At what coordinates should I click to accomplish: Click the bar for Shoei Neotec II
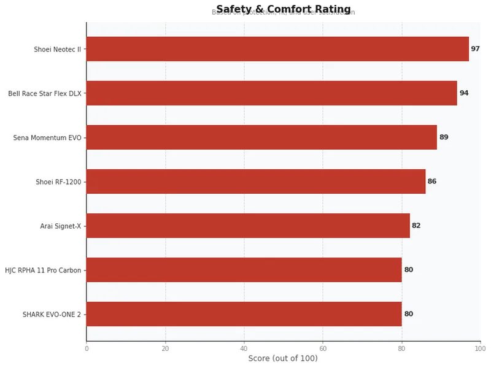pos(277,49)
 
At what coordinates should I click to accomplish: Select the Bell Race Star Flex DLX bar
pos(271,93)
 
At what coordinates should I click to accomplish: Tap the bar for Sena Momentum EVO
pos(261,137)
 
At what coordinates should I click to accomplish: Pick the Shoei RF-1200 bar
pos(256,182)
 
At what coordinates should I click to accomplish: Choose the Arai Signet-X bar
pos(248,226)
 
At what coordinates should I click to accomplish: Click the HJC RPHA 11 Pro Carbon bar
pos(244,270)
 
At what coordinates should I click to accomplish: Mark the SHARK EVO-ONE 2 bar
pos(244,314)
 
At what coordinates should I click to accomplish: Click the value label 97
pos(475,49)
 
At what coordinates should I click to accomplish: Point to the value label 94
pos(464,93)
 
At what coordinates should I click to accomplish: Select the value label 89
pos(444,137)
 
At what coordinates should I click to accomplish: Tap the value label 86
pos(432,182)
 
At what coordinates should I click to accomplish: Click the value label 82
pos(416,226)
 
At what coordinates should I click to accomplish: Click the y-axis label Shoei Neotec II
pos(57,50)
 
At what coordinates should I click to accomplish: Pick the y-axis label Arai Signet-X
pos(60,226)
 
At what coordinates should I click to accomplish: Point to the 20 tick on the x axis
pos(165,348)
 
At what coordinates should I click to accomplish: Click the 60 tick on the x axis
pos(323,348)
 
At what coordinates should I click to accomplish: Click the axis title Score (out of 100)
pos(283,359)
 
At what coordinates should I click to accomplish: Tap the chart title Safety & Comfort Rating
pos(283,9)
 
